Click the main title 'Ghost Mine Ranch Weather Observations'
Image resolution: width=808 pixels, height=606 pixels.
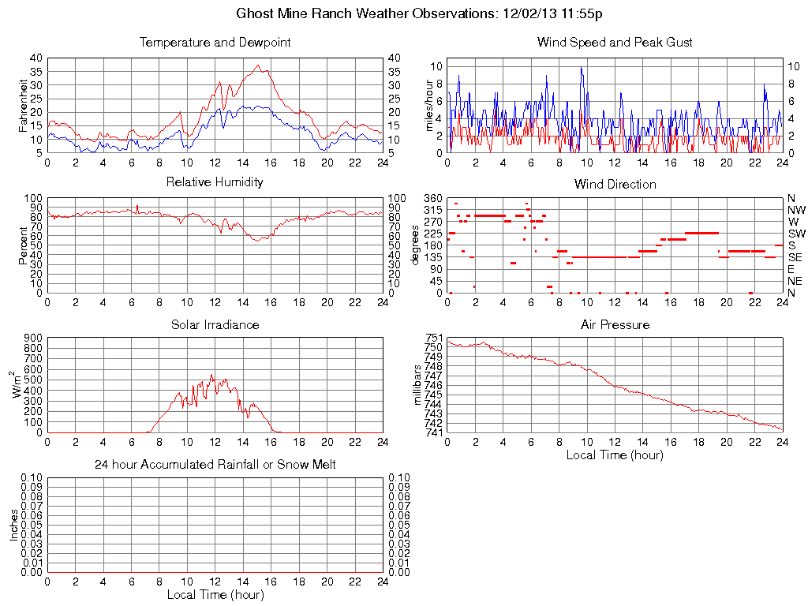pos(366,13)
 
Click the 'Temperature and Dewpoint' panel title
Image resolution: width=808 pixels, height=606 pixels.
pos(215,43)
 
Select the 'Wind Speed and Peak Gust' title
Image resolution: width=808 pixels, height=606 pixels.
pos(615,43)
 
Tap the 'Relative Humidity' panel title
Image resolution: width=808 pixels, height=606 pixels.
pos(215,182)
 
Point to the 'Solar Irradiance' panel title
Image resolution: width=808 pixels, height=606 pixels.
pos(215,324)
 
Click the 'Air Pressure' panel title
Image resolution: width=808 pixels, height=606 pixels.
pos(615,324)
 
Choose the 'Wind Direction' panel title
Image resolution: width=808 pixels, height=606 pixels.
pos(615,184)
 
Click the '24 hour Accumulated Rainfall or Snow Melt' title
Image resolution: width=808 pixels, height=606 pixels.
pos(215,465)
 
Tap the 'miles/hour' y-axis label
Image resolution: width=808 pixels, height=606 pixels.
pos(430,105)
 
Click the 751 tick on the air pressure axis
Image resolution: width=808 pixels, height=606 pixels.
pos(433,338)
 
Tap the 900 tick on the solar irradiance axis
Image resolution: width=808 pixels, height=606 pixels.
pos(32,338)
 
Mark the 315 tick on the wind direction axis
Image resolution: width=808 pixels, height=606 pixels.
pos(433,210)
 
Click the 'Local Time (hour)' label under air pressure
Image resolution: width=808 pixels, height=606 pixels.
pos(615,455)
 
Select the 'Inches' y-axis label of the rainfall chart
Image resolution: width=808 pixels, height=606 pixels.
pos(13,525)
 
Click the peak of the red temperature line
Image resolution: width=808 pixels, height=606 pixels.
pos(257,66)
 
